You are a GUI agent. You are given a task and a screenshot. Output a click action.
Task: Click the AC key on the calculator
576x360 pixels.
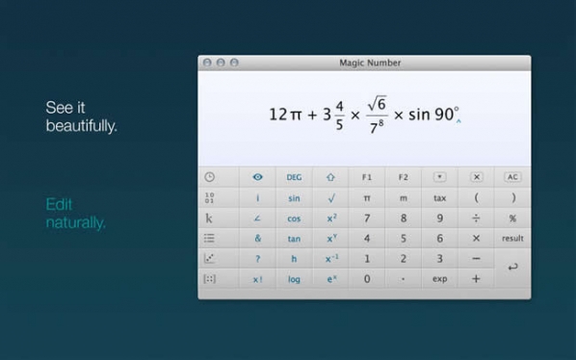pos(512,177)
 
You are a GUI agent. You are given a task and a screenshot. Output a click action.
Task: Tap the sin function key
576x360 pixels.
pos(294,198)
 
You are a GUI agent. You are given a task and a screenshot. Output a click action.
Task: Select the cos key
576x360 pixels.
pos(294,219)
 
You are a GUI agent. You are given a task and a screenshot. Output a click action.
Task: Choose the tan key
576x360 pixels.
pos(294,239)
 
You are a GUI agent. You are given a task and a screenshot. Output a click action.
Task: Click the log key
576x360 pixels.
pos(294,279)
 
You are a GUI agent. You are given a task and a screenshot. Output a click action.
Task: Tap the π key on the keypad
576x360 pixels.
pos(367,198)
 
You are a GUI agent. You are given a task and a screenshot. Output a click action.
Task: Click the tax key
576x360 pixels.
pos(439,198)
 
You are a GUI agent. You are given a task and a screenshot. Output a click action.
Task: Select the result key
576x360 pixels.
pos(512,239)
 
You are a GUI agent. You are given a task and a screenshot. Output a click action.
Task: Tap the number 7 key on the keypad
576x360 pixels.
pos(367,219)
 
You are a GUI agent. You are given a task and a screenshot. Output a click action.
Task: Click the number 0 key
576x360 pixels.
pos(367,279)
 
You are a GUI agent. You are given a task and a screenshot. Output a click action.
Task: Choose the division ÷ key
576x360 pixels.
pos(476,219)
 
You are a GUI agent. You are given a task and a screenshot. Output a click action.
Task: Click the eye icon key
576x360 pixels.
pos(257,177)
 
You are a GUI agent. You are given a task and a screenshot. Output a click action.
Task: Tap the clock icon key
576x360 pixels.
pos(210,177)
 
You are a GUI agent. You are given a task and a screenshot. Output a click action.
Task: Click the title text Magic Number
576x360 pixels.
pos(370,63)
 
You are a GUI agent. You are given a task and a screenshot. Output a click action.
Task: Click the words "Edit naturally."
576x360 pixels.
pos(76,214)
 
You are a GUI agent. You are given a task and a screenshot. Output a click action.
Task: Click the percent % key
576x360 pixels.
pos(512,219)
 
